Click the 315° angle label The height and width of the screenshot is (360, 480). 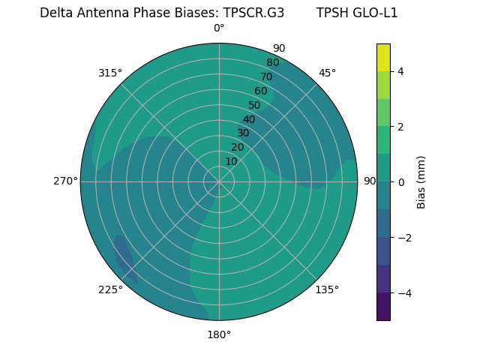pos(109,73)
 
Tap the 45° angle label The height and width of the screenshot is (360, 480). pos(327,73)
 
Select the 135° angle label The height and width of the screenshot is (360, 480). pos(327,289)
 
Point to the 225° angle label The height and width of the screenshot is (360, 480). pos(110,289)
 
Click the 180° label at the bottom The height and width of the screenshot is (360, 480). pos(219,334)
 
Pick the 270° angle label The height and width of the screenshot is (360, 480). pos(65,181)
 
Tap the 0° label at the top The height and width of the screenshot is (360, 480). pos(219,28)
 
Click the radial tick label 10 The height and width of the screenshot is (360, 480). pos(231,161)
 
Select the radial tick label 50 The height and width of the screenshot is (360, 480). pos(254,105)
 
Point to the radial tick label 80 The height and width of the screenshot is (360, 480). pos(272,62)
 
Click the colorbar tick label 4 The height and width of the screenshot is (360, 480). pos(400,71)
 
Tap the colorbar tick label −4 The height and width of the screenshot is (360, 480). pos(403,292)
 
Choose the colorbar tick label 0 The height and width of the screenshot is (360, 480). pos(400,181)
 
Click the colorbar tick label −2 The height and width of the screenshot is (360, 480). pos(403,237)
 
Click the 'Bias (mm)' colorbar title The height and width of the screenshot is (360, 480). pos(421,181)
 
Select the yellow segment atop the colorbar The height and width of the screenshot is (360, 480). pos(383,57)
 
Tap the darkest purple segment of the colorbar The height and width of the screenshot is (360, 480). pos(383,306)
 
